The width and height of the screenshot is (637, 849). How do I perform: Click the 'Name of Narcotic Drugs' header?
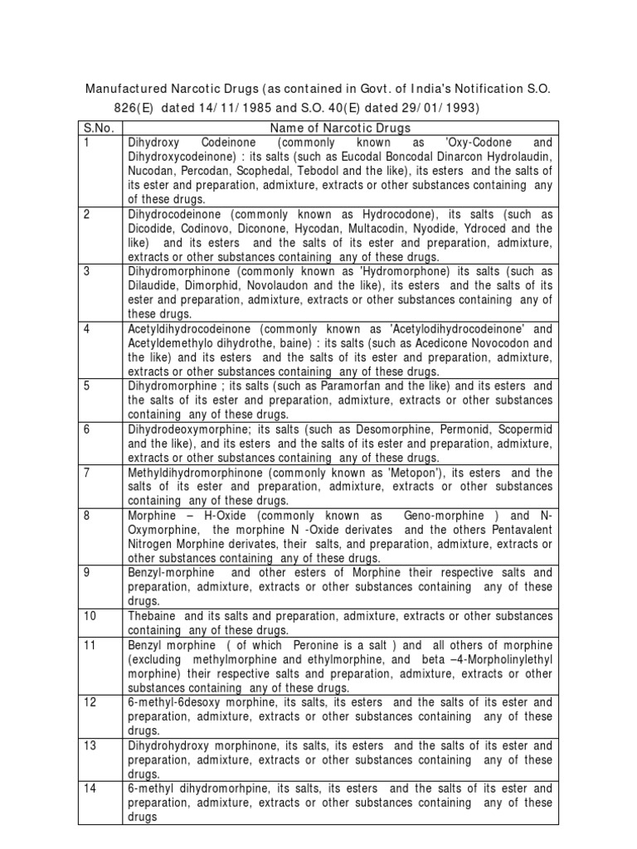(x=340, y=128)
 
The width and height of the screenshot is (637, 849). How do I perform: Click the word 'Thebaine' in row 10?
(x=152, y=616)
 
